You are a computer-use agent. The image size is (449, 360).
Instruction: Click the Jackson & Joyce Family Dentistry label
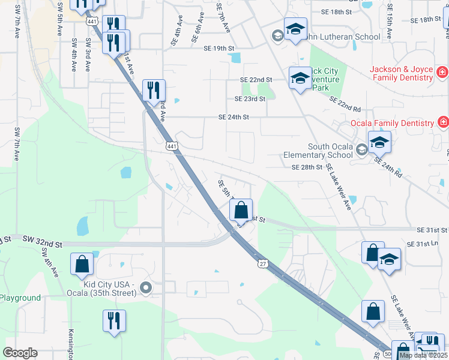click(x=402, y=74)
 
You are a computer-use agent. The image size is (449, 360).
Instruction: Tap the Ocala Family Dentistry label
click(x=393, y=123)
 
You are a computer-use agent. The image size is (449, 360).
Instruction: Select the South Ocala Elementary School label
click(x=321, y=151)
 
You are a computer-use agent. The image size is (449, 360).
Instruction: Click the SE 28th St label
click(x=307, y=167)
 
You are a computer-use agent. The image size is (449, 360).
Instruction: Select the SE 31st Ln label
click(x=423, y=244)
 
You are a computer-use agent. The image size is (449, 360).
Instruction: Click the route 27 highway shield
click(x=263, y=263)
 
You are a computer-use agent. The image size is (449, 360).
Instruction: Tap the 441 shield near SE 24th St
click(x=172, y=146)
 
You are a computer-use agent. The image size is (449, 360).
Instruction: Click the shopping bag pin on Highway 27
click(x=241, y=211)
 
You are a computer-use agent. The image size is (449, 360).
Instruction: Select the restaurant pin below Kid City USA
click(x=112, y=320)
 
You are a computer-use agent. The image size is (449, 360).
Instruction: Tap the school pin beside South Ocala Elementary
click(x=379, y=143)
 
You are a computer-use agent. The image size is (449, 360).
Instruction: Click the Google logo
click(x=20, y=353)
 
